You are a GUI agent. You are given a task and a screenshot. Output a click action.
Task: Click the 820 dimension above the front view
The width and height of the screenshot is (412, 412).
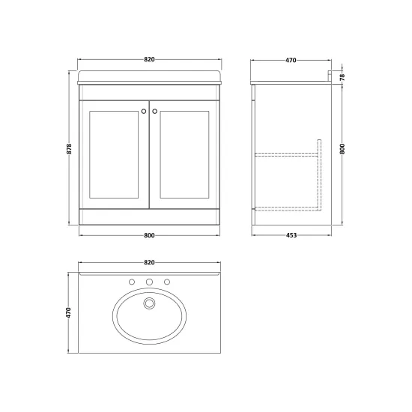[x=149, y=59]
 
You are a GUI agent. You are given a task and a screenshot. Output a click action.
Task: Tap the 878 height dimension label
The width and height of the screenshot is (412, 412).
[x=70, y=149]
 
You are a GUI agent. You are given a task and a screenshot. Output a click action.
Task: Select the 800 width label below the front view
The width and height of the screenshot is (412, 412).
[x=149, y=235]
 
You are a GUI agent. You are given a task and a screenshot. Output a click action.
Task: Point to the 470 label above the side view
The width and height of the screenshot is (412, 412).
[x=291, y=60]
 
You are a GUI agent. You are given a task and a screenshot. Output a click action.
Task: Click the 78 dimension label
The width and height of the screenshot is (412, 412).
[x=342, y=77]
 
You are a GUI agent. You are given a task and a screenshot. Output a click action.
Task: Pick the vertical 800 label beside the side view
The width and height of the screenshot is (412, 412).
[x=342, y=149]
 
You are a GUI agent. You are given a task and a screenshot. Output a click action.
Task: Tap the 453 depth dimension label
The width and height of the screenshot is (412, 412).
[x=291, y=235]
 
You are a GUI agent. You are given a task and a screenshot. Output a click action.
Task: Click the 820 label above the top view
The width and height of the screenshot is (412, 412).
[x=149, y=262]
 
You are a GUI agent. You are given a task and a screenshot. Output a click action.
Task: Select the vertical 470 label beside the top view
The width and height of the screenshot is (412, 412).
[x=69, y=312]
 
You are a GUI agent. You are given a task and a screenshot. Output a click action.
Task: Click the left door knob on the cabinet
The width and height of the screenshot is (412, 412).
[x=144, y=112]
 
